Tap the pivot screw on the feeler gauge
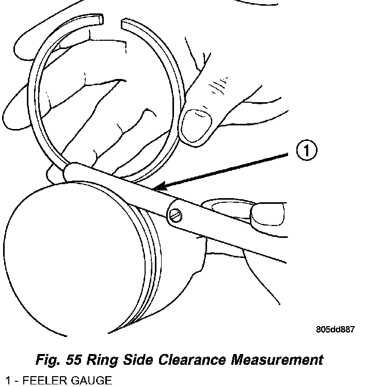coord(176,215)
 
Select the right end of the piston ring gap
coord(124,23)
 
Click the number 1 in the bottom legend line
coord(4,381)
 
